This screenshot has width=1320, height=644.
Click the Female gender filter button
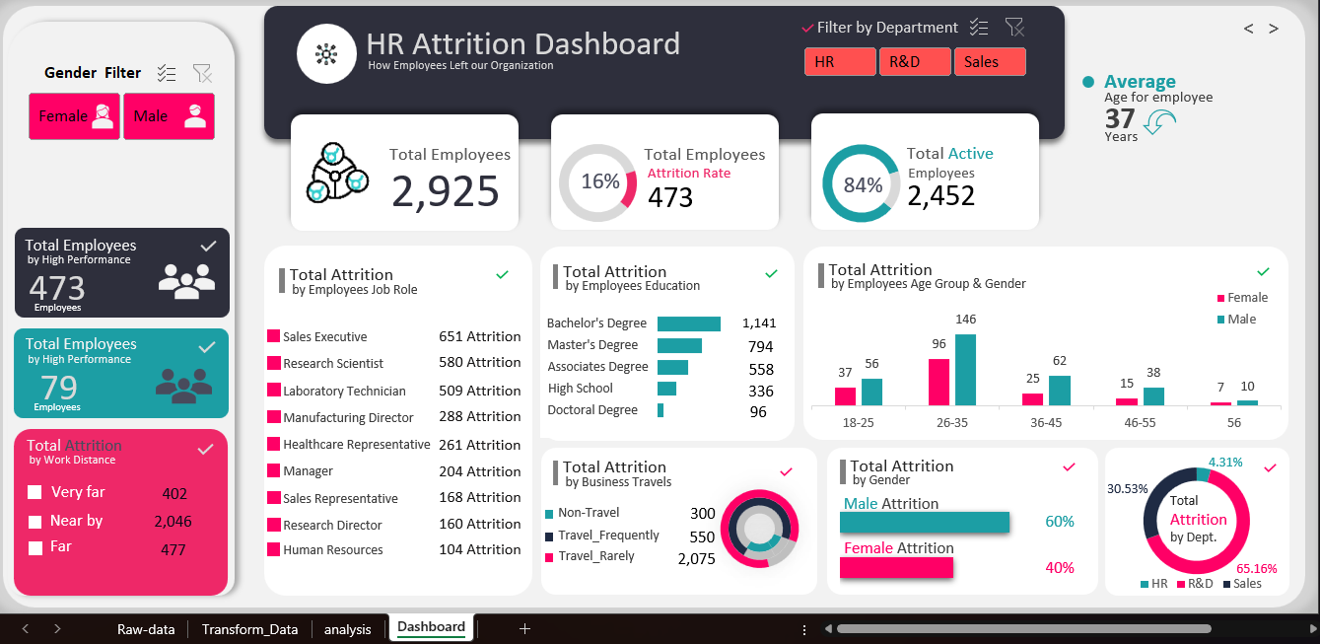tap(74, 116)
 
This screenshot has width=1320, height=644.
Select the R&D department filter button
tap(915, 62)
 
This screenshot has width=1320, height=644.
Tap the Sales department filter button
tap(990, 62)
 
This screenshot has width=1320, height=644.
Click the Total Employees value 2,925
tap(446, 190)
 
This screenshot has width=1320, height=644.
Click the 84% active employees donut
tap(861, 184)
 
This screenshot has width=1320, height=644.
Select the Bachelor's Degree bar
tap(688, 323)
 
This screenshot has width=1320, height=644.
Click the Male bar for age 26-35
tap(965, 370)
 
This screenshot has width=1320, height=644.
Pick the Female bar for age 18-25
tap(845, 395)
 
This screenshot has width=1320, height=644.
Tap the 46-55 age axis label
tap(1140, 422)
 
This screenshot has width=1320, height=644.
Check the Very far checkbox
tap(35, 492)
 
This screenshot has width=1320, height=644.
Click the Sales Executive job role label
tap(324, 337)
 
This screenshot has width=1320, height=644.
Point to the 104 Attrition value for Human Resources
tap(479, 549)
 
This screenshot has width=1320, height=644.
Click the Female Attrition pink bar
tap(896, 567)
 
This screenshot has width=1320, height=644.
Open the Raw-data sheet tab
tap(146, 629)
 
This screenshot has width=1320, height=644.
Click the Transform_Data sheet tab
tap(249, 629)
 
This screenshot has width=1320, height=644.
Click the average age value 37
tap(1120, 119)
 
